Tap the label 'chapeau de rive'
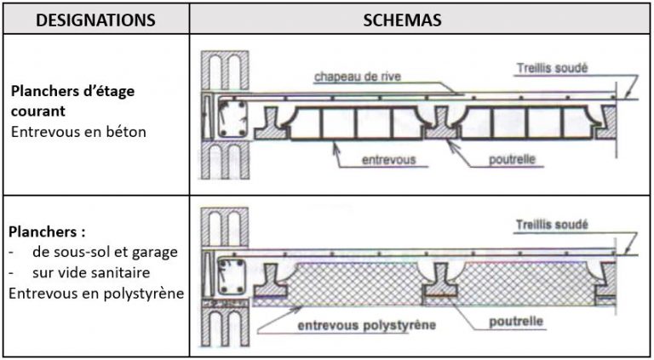(357, 77)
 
